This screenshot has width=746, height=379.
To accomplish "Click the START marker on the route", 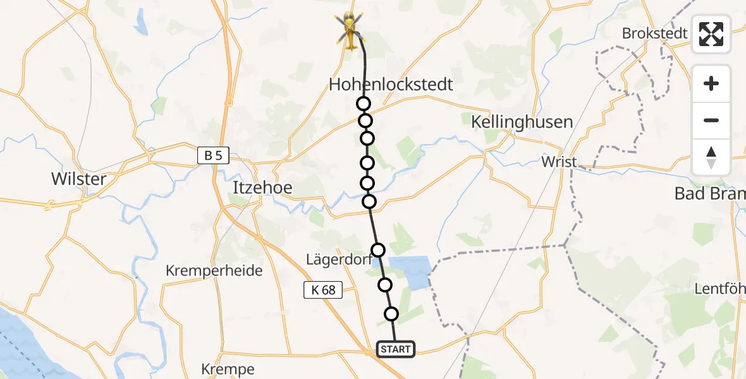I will [x=396, y=349].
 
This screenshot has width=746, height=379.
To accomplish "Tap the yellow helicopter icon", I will [x=349, y=29].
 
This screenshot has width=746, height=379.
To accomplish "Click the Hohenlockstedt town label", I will [x=391, y=85].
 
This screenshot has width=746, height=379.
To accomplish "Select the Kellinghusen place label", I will [x=522, y=122].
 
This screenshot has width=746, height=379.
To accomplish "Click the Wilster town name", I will [x=79, y=179].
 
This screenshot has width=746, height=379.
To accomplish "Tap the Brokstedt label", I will [x=654, y=33].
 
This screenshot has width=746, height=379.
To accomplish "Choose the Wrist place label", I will [x=559, y=162].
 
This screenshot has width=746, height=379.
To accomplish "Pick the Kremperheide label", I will [x=214, y=271].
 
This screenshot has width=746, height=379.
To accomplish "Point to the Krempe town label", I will [x=228, y=369].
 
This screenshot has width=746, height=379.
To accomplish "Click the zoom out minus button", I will [x=711, y=121].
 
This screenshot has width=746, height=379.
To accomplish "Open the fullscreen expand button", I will [x=711, y=34].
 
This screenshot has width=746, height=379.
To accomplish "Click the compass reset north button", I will [x=711, y=157].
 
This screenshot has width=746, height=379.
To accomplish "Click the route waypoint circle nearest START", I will [x=391, y=314].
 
